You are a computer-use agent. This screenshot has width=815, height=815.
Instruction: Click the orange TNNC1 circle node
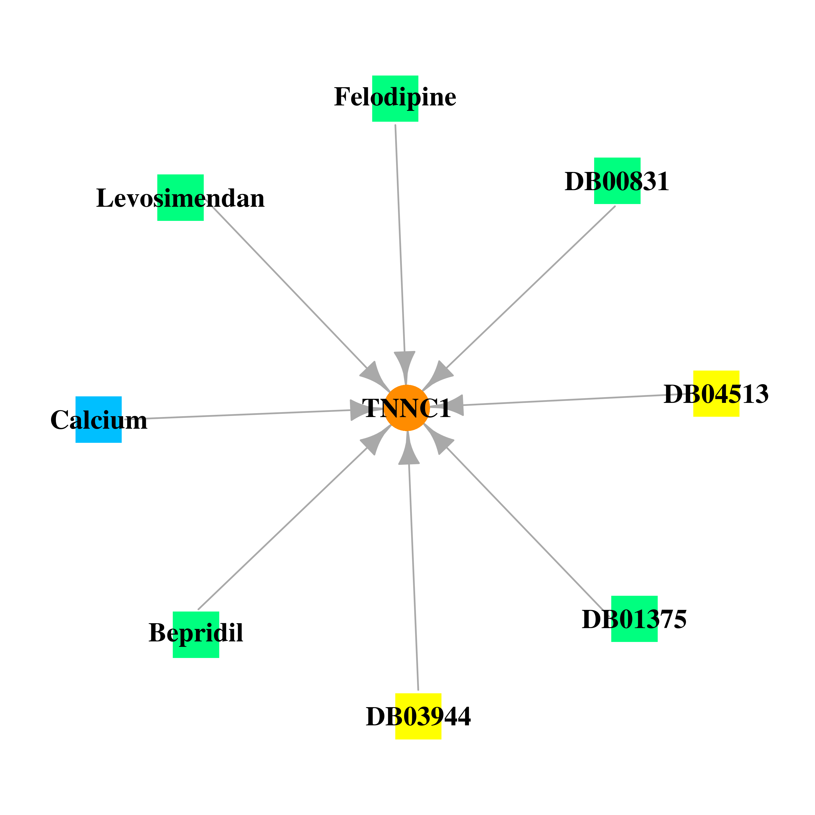(x=407, y=408)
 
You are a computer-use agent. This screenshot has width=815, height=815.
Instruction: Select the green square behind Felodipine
(x=395, y=99)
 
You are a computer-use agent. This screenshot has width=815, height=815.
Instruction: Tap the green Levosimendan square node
(x=181, y=198)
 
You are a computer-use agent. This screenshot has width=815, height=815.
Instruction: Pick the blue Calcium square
(x=99, y=419)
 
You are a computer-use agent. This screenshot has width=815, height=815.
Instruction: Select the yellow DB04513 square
(x=716, y=394)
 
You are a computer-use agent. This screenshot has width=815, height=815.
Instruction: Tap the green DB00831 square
(x=617, y=181)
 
